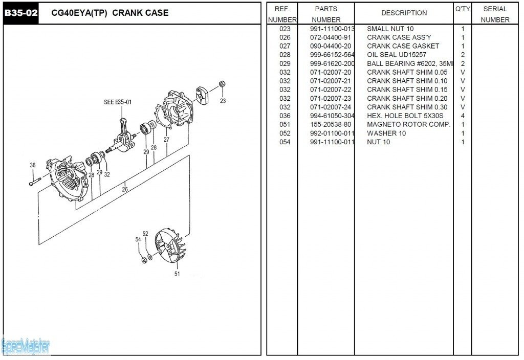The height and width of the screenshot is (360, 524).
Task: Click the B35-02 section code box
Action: click(x=21, y=13)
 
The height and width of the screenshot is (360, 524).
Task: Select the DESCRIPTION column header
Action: click(x=404, y=13)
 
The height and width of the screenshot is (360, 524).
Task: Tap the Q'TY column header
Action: click(x=462, y=9)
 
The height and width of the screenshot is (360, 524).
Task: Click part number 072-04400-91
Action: click(x=331, y=37)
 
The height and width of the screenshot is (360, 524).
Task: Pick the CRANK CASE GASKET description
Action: click(x=403, y=46)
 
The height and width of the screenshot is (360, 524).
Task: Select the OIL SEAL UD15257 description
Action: click(x=397, y=55)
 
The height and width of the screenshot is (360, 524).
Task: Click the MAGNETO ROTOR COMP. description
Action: click(x=408, y=124)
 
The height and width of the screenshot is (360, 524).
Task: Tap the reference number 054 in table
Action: click(x=285, y=142)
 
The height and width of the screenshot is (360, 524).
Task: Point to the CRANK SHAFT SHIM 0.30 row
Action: click(x=407, y=107)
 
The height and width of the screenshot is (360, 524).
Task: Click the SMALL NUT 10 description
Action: click(x=390, y=29)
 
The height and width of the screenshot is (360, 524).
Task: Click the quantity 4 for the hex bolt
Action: click(x=463, y=116)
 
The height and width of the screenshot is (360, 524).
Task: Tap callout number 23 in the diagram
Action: click(x=223, y=101)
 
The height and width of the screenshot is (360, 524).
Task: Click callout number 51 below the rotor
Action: click(x=177, y=274)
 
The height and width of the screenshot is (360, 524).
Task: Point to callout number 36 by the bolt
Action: click(x=33, y=165)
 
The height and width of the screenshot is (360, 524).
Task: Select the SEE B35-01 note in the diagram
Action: click(x=118, y=102)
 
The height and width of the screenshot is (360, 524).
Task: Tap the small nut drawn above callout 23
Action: click(x=222, y=84)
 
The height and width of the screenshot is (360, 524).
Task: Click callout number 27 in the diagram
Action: click(x=166, y=139)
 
